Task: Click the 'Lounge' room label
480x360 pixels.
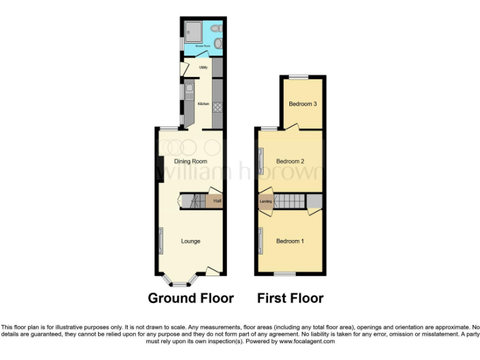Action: click(191, 241)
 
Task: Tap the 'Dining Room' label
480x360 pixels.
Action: click(191, 161)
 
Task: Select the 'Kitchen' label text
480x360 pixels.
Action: click(203, 104)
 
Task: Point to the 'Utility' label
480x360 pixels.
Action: click(203, 67)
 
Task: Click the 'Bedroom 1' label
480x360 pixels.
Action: click(290, 241)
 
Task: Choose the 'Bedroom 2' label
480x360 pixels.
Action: click(290, 161)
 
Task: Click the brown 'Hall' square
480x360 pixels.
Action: click(216, 201)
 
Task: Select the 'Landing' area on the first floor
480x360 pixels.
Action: click(266, 201)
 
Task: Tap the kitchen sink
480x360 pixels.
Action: click(189, 93)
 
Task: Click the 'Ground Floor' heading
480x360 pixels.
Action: click(191, 298)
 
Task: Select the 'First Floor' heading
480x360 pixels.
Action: click(290, 298)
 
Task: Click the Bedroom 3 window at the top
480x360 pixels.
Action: click(298, 77)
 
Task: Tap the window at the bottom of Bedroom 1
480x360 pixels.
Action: click(286, 274)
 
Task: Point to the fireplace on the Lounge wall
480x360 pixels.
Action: click(161, 241)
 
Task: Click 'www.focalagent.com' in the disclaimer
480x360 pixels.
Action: click(306, 341)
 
